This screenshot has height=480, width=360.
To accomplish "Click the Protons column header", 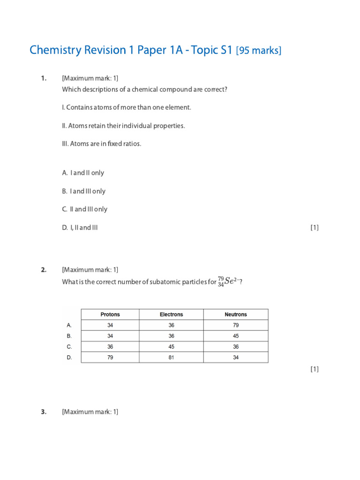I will point(110,315).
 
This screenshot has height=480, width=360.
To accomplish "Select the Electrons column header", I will point(171,315).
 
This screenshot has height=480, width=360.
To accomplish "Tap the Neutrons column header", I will point(236,315).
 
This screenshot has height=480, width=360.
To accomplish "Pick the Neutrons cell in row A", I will point(236,325).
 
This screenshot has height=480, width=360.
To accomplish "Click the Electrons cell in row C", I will point(171,347).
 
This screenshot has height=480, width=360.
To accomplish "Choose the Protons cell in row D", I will point(110,358).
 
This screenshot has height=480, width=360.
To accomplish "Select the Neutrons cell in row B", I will point(236,336).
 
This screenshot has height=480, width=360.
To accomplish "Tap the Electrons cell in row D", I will point(171,358).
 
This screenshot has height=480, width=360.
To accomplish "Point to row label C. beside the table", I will point(69,347).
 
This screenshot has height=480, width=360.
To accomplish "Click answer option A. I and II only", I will point(83,173).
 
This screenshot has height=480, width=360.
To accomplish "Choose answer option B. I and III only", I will point(84,191).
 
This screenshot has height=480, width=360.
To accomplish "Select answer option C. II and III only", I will point(85,210).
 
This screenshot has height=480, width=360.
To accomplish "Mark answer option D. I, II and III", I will point(80,228).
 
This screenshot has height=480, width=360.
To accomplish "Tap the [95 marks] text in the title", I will point(259,51).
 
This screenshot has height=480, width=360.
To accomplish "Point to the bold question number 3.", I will point(44,412).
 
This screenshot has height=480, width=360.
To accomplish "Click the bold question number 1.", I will point(44,78).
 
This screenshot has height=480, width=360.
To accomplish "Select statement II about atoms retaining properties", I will point(123,126).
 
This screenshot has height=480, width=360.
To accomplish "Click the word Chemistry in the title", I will point(55,50).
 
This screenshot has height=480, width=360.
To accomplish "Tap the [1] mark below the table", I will point(315,369).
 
